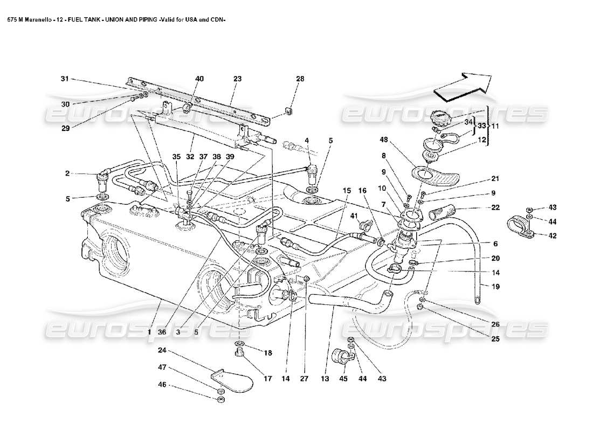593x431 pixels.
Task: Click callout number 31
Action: click(x=65, y=79)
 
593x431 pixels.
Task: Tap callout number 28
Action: click(x=299, y=79)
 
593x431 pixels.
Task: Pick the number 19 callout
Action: click(x=495, y=287)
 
